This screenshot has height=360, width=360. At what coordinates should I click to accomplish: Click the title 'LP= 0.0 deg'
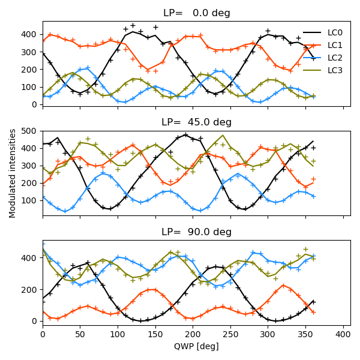(x=197, y=13)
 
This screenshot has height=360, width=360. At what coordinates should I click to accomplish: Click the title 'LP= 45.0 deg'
(x=197, y=122)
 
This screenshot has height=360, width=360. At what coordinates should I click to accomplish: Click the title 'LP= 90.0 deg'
(x=197, y=232)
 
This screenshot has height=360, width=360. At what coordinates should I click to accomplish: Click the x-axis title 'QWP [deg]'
(x=197, y=346)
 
